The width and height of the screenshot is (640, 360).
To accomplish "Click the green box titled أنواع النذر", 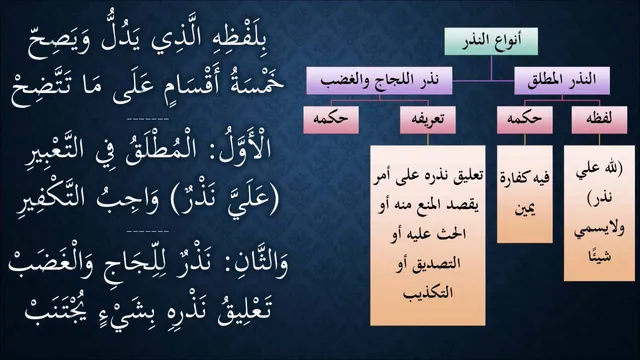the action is pyautogui.click(x=491, y=41).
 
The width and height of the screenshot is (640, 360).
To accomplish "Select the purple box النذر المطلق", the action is pyautogui.click(x=562, y=80).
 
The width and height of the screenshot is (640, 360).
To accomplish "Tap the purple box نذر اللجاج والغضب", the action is pyautogui.click(x=379, y=80).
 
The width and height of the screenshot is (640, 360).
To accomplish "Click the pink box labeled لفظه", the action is pyautogui.click(x=599, y=119).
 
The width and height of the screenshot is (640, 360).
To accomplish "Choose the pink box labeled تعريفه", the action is pyautogui.click(x=428, y=119).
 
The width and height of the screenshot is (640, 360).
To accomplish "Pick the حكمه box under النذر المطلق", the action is pyautogui.click(x=524, y=119).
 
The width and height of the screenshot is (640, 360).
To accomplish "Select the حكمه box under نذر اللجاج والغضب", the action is pyautogui.click(x=331, y=119).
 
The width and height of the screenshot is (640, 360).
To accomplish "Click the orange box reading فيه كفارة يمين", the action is pyautogui.click(x=524, y=194).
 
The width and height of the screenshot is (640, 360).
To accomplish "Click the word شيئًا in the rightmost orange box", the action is pyautogui.click(x=599, y=256).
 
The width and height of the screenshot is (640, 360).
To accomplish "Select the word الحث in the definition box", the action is pyautogui.click(x=452, y=233).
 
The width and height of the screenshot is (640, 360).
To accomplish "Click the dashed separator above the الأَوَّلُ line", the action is pyautogui.click(x=148, y=119).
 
